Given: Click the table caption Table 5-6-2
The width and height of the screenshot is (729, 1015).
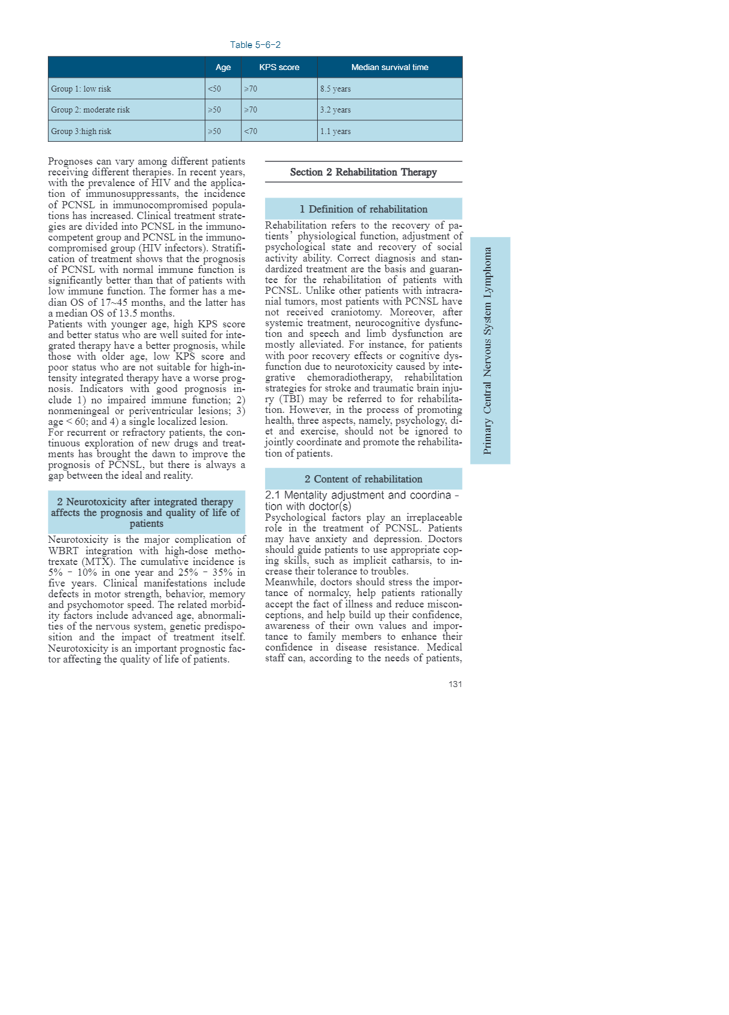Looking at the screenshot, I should (255, 45).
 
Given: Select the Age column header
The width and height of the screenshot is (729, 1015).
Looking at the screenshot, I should (223, 67).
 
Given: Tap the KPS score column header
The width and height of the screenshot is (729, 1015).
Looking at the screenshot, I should (279, 67).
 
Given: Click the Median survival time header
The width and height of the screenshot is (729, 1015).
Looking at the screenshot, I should (390, 67).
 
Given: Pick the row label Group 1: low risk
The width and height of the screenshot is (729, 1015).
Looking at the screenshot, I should (81, 89).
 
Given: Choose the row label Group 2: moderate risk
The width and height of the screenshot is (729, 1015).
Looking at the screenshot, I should (90, 110).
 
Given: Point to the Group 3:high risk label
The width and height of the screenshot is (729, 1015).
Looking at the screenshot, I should (81, 131).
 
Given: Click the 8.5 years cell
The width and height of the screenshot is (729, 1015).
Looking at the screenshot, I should (335, 89).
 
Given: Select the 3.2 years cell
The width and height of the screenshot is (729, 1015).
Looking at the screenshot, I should (335, 110).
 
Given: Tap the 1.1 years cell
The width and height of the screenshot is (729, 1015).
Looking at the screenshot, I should (335, 131).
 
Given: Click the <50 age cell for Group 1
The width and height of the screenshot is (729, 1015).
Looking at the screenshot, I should (214, 89).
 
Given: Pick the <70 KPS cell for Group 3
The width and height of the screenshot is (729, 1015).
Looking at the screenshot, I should (250, 131).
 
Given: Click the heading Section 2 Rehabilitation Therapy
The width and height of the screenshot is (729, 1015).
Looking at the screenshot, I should (363, 172).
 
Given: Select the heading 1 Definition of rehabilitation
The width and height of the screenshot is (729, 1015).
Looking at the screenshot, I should (363, 209).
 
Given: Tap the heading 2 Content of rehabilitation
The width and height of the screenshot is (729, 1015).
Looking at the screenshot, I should (363, 479).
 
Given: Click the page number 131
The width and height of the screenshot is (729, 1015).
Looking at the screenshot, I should (455, 684).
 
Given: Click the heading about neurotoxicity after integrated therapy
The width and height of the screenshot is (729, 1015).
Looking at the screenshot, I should (146, 512).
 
